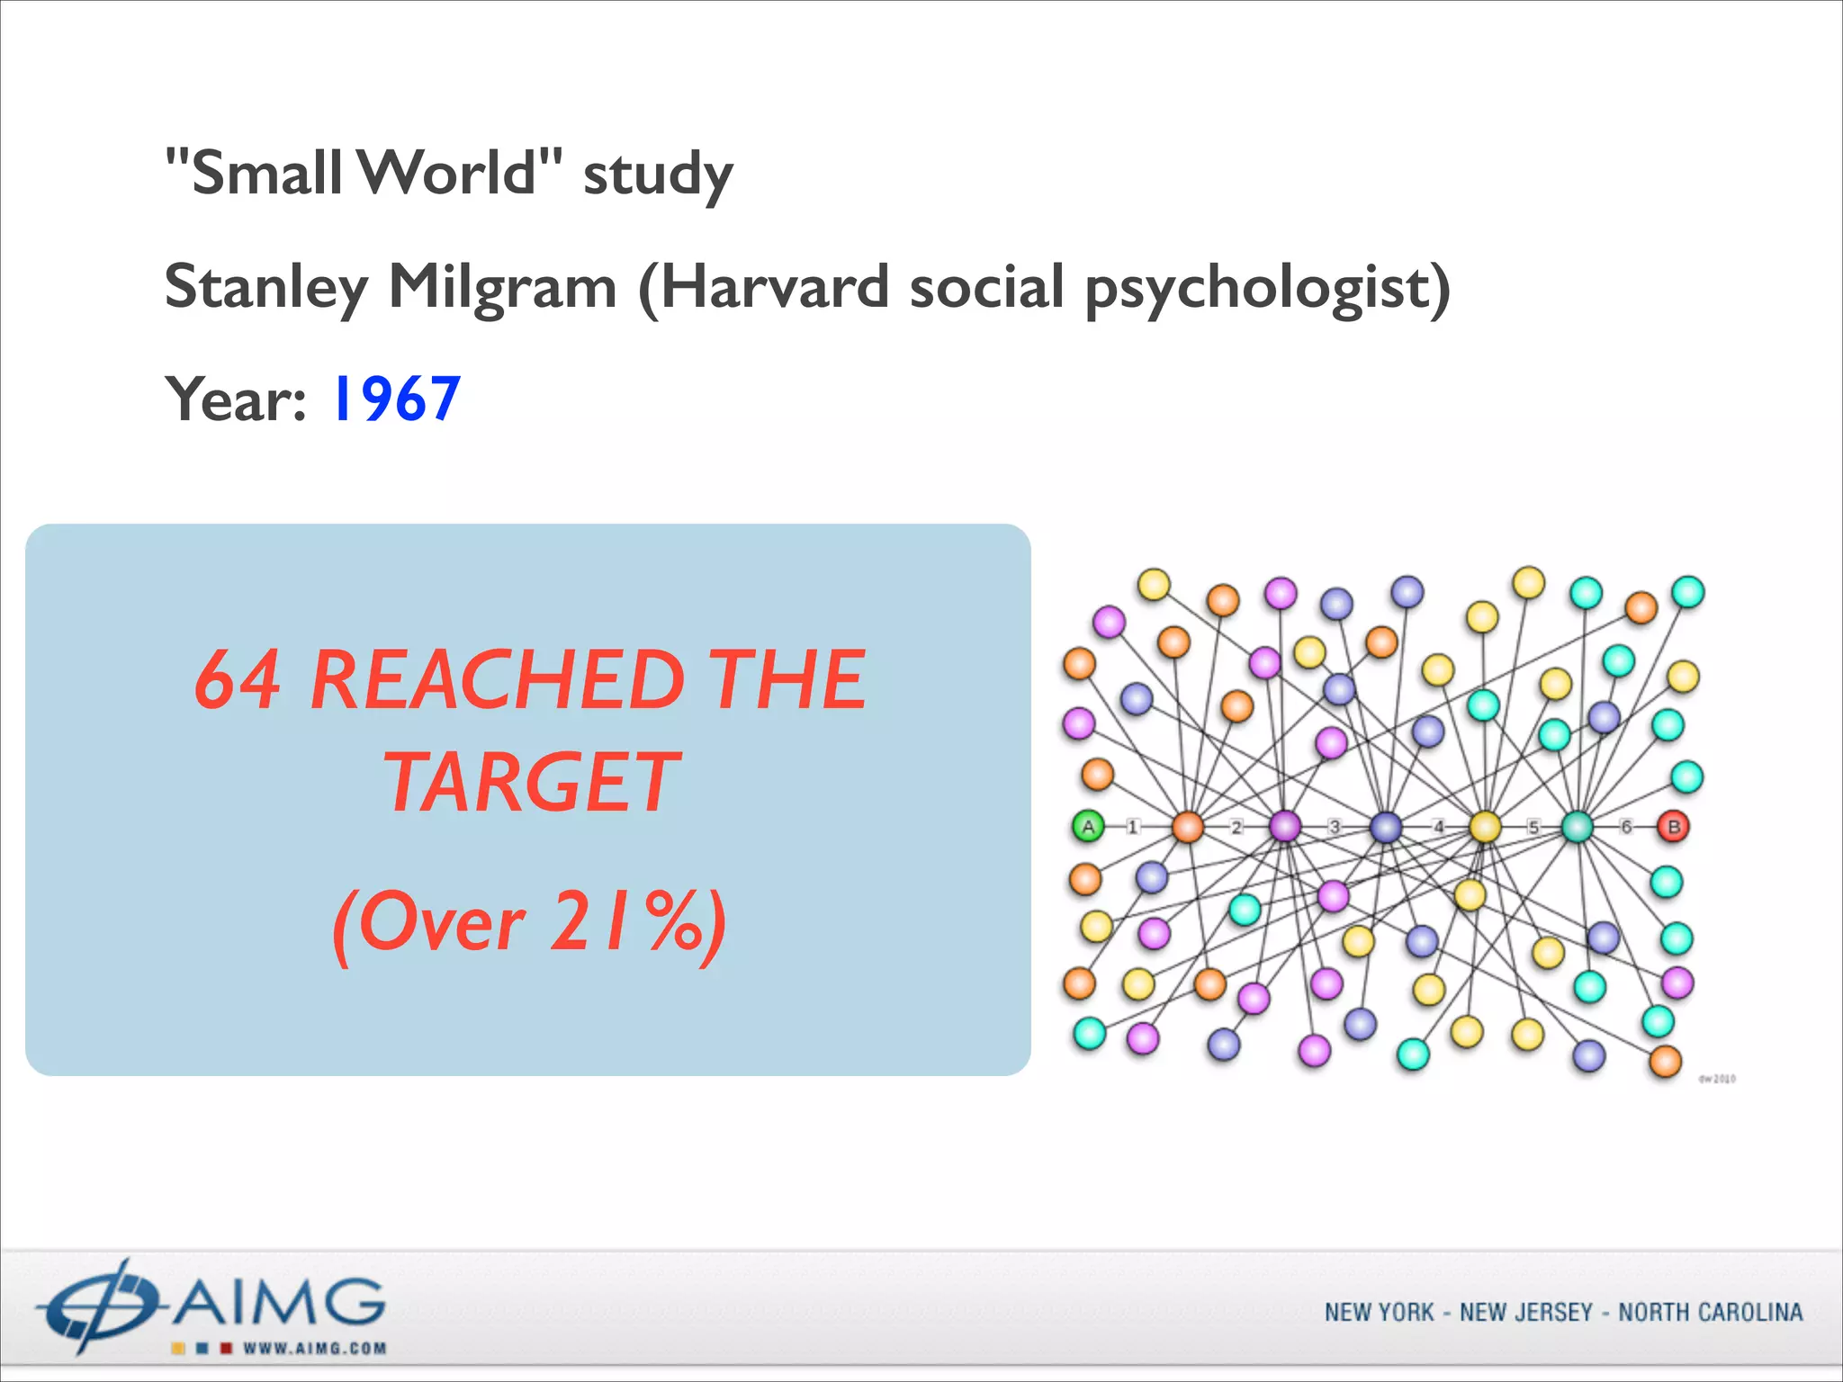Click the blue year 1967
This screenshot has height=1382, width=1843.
coord(396,399)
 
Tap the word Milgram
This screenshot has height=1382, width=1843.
coord(502,287)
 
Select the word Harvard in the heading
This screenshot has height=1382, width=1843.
coord(775,287)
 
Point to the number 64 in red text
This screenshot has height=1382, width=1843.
coord(238,680)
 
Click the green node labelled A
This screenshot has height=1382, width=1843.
coord(1088,827)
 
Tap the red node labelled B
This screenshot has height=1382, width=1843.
coord(1674,826)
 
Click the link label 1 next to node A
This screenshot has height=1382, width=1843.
coord(1133,827)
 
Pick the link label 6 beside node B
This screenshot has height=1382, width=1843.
coord(1626,826)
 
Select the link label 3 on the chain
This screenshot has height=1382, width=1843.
coord(1335,827)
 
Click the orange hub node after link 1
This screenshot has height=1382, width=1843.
coord(1188,827)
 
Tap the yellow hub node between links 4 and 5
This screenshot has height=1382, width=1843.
coord(1485,827)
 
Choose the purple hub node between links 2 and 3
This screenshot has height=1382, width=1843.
coord(1285,826)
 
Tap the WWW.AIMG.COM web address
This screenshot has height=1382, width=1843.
coord(314,1348)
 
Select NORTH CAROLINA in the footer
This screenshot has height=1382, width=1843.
coord(1710,1313)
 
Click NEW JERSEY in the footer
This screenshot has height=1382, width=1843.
coord(1526,1313)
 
